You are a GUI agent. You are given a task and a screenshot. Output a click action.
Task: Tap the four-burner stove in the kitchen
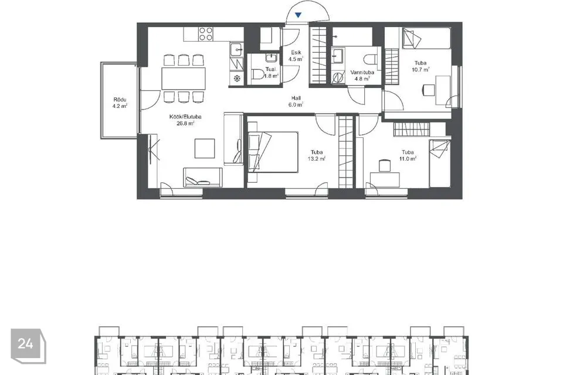coord(205,34)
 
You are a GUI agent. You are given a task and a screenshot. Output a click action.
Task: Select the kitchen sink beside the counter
coord(235,49)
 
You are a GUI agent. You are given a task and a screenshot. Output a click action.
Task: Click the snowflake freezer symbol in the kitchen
coord(236,78)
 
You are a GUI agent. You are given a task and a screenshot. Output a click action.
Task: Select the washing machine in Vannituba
coord(338,77)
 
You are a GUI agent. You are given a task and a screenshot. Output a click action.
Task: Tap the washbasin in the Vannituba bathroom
coord(340,56)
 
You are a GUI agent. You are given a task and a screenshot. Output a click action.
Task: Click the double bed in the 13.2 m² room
coord(273,151)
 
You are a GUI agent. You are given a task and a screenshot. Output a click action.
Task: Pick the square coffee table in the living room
coord(205,148)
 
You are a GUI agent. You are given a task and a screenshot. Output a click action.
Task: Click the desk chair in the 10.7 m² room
coord(428,90)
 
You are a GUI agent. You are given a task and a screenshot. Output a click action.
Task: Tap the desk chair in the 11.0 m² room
coord(385,165)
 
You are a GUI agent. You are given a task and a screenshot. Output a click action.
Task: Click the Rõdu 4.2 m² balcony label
coord(120,103)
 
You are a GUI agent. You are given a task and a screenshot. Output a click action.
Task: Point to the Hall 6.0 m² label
coord(296,101)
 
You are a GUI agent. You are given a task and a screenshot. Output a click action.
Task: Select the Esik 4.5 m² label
coord(296,56)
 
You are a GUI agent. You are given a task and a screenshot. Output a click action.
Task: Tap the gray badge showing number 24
coord(26,344)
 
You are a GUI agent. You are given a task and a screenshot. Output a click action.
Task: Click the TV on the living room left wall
coord(154,150)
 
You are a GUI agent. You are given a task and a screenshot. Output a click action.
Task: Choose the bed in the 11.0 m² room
coord(439,163)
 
